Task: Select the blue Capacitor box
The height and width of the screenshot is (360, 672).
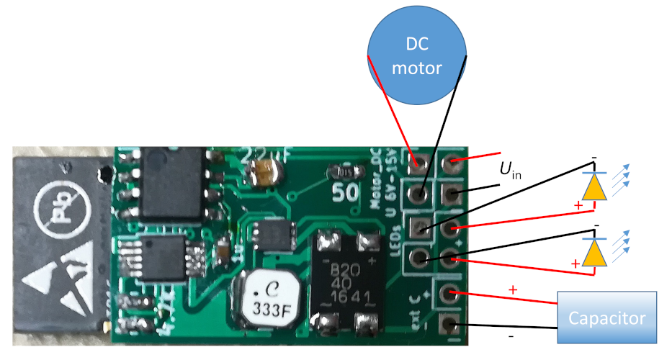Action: click(x=607, y=318)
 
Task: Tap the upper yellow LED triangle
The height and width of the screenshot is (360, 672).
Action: click(x=594, y=186)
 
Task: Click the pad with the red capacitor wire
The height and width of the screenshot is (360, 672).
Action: click(x=451, y=293)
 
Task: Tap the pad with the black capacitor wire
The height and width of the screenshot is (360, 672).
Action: click(x=451, y=325)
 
